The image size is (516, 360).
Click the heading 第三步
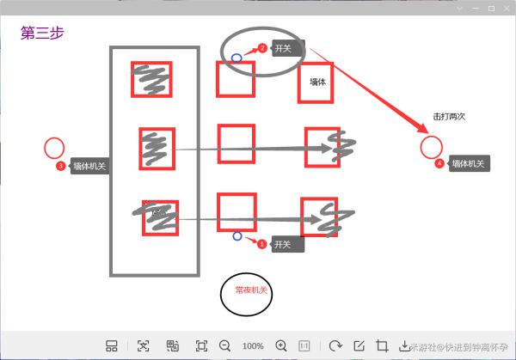42,34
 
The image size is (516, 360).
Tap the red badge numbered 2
263,48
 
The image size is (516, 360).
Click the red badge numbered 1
262,245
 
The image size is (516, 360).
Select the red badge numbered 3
60,166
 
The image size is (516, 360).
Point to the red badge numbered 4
439,163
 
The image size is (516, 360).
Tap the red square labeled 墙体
316,83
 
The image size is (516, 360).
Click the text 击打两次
449,116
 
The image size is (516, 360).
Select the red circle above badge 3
54,147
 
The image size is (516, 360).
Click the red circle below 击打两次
431,146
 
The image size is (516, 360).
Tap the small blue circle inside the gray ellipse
236,58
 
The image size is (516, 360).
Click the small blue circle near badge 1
237,235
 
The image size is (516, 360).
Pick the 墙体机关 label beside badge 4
468,163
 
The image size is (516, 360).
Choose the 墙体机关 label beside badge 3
89,167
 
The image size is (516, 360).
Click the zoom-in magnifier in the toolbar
280,345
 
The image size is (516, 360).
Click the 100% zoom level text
253,345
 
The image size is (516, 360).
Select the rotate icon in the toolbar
335,345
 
